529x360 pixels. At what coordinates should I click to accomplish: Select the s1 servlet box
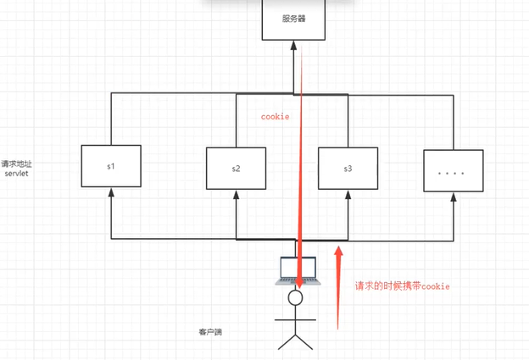pos(110,166)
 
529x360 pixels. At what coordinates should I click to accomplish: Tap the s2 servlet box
pos(236,169)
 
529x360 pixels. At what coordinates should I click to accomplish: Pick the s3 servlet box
pos(348,169)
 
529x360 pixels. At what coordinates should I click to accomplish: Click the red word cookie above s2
pos(275,117)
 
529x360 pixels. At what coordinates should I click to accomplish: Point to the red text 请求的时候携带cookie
pos(402,286)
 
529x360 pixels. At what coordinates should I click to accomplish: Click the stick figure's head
pos(295,298)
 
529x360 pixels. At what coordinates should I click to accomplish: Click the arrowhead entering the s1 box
pos(110,192)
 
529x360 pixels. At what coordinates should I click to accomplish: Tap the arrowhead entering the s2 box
pos(236,195)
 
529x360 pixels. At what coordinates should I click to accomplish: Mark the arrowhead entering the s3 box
pos(348,195)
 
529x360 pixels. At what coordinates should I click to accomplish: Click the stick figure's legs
pos(295,341)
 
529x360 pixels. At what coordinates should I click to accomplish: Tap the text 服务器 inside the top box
pos(294,18)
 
